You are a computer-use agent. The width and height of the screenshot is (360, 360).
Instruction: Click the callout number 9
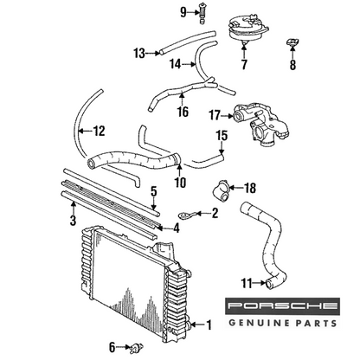[x=183, y=12]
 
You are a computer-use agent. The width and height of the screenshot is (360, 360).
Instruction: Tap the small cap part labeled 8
[x=292, y=42]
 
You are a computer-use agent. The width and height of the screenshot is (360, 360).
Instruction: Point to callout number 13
[x=139, y=54]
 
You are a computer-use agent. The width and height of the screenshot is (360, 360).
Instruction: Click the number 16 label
[x=183, y=112]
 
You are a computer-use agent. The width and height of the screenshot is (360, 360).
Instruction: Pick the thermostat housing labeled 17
[x=261, y=124]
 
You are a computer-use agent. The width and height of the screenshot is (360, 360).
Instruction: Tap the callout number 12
[x=99, y=131]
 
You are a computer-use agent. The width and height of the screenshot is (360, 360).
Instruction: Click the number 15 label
[x=222, y=136]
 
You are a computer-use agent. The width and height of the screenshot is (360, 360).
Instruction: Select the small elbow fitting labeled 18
[x=221, y=191]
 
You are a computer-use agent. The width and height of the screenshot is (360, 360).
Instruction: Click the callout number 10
[x=180, y=182]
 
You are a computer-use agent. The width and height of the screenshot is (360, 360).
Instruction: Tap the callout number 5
[x=154, y=191]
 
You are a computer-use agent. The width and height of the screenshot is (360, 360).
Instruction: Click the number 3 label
[x=74, y=221]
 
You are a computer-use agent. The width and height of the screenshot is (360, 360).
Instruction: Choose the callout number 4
[x=177, y=228]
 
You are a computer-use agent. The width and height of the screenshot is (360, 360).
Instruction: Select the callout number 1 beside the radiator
[x=209, y=325]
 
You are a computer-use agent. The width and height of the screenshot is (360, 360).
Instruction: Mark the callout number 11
[x=247, y=283]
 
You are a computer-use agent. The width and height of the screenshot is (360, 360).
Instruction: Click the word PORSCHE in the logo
[x=282, y=305]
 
